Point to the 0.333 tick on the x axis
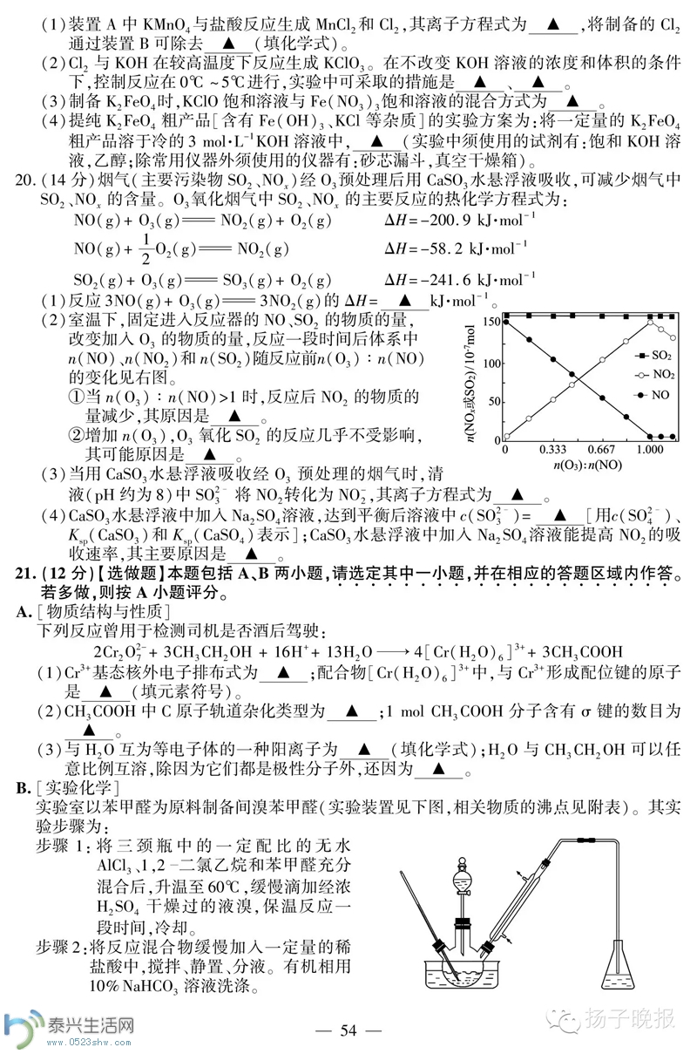[552, 449]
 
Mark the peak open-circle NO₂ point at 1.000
[650, 321]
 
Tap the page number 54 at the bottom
[348, 1030]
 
